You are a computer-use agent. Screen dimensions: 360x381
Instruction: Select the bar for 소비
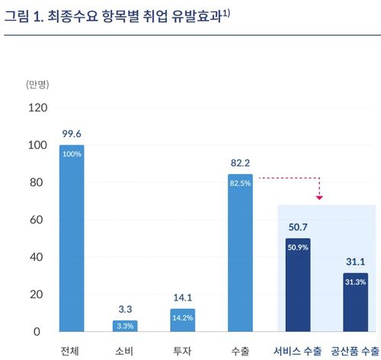coord(126,326)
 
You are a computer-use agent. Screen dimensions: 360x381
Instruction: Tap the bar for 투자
coord(183,320)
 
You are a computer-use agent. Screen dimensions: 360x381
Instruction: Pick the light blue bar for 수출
coord(240,252)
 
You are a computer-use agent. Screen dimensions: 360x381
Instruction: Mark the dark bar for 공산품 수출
coord(355,302)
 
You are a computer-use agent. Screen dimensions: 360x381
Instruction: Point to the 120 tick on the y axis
coord(37,108)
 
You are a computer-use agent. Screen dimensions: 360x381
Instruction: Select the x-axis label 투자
coord(183,351)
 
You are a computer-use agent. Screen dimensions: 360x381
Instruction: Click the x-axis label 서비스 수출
coord(298,351)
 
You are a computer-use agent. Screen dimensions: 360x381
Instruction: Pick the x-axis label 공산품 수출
coord(354,351)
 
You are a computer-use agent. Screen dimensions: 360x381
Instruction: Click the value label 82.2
coord(241,162)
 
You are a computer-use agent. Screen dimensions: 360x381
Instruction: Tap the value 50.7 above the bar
coord(298,227)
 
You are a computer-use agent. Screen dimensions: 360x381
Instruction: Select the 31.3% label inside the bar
coord(355,281)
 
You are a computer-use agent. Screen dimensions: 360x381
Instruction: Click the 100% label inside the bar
coord(72,153)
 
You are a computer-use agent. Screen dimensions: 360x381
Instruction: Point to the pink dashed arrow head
coord(319,198)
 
